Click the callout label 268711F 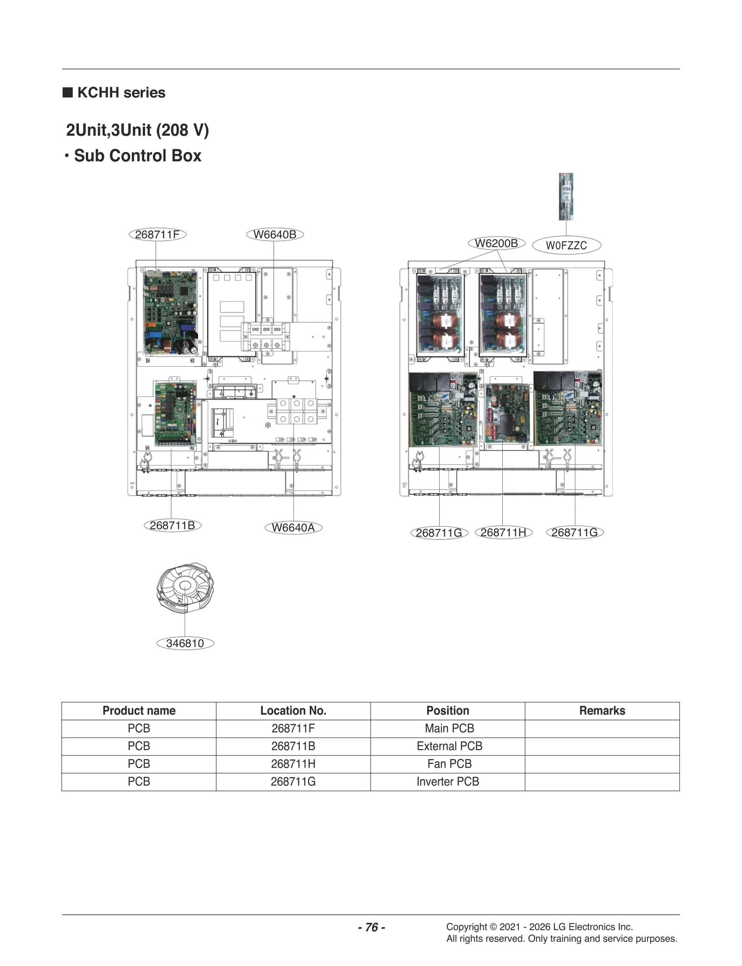point(157,235)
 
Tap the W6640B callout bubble point(275,235)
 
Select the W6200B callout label point(496,243)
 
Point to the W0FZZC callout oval point(566,245)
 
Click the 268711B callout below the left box point(172,525)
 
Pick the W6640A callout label point(293,527)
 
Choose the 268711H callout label point(504,533)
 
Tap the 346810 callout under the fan point(185,643)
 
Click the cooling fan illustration point(185,588)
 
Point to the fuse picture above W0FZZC point(566,196)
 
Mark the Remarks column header point(602,711)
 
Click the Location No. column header point(293,711)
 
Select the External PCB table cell point(449,746)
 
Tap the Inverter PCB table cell point(448,782)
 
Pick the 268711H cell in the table point(293,764)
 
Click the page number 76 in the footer point(371,927)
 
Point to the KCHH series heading point(121,93)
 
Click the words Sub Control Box point(138,156)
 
